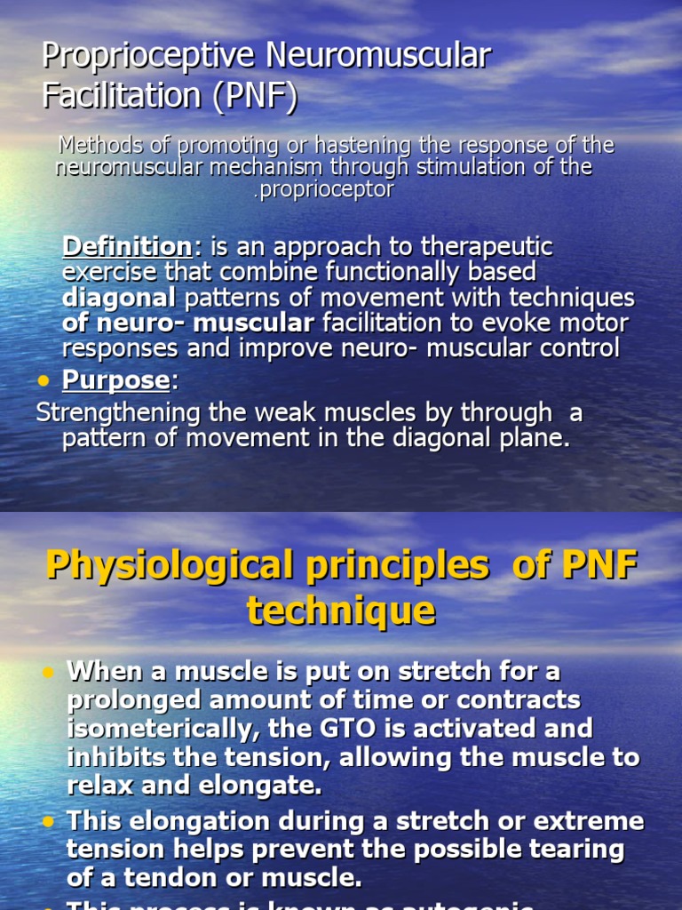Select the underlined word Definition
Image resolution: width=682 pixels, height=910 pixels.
(x=127, y=246)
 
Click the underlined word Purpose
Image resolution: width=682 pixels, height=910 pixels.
(x=115, y=380)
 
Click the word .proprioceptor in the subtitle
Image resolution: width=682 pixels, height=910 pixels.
(x=323, y=189)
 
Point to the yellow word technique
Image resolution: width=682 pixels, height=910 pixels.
(x=341, y=611)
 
